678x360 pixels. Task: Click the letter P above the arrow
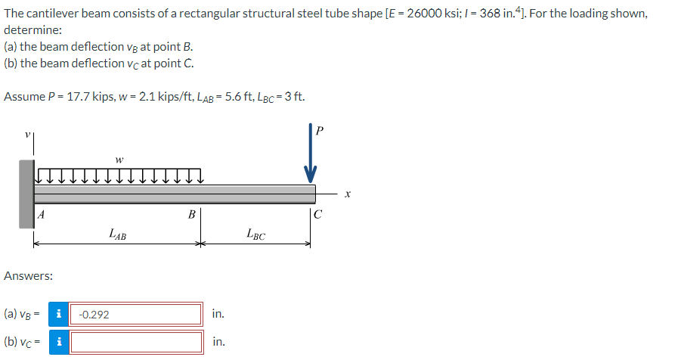tap(319, 131)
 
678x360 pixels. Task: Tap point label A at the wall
tap(42, 215)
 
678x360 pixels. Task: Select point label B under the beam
tap(192, 215)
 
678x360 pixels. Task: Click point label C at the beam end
tap(318, 215)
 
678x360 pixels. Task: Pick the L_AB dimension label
tap(117, 234)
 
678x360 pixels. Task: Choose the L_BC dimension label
tap(255, 234)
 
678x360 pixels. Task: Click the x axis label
tap(347, 194)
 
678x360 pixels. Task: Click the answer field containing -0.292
tap(137, 314)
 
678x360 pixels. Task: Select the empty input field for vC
tap(137, 342)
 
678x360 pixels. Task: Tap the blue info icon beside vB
tap(59, 314)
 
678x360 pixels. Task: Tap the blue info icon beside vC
tap(59, 342)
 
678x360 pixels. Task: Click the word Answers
tap(28, 276)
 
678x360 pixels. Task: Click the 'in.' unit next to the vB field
tap(218, 314)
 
